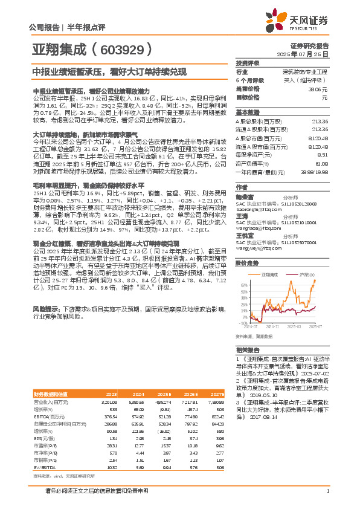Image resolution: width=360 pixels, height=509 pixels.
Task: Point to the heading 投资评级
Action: click(248, 63)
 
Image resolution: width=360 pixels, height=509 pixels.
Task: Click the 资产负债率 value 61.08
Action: click(321, 163)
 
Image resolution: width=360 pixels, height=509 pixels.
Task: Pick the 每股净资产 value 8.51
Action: click(323, 155)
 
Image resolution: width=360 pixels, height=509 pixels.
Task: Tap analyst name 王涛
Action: click(242, 215)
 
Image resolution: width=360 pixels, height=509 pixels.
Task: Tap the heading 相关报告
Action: click(248, 350)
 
